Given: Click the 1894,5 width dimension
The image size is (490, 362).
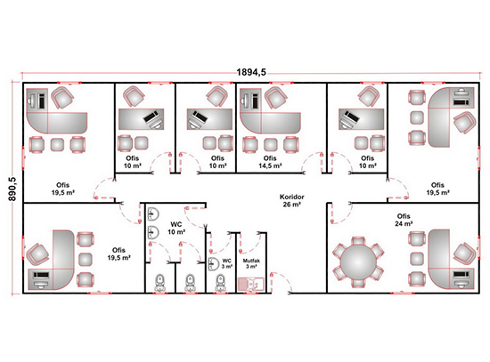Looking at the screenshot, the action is click(251, 72).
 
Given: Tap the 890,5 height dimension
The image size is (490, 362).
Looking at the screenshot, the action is click(12, 189).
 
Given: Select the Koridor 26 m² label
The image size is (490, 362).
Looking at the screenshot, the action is click(291, 201).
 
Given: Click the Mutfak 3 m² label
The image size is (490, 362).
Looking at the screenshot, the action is click(251, 263).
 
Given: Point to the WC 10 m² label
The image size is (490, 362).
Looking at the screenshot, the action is click(176, 228).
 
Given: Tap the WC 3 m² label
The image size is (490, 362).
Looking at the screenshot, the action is click(227, 263).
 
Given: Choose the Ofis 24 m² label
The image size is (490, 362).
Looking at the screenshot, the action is click(404, 220).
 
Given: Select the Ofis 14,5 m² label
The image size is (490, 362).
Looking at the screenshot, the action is click(270, 162).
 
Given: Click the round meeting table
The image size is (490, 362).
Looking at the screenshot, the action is click(358, 262).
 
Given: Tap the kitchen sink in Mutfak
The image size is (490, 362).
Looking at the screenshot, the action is click(251, 285).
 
